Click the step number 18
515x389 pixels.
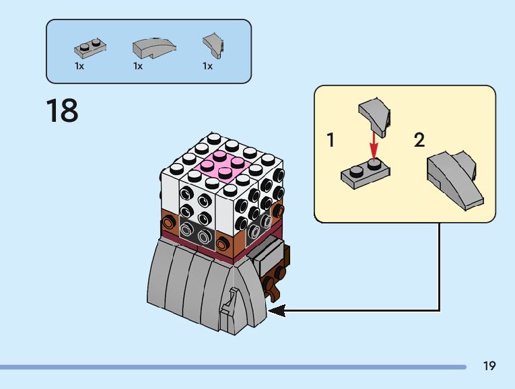[x=62, y=110]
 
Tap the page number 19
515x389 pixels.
[x=489, y=366]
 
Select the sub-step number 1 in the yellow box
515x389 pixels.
[x=331, y=141]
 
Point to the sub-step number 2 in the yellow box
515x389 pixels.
[x=419, y=141]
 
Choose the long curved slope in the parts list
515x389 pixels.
[x=153, y=48]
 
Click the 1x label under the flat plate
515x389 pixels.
[x=79, y=67]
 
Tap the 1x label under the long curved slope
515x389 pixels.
[x=138, y=67]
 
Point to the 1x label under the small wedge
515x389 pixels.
[x=207, y=67]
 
